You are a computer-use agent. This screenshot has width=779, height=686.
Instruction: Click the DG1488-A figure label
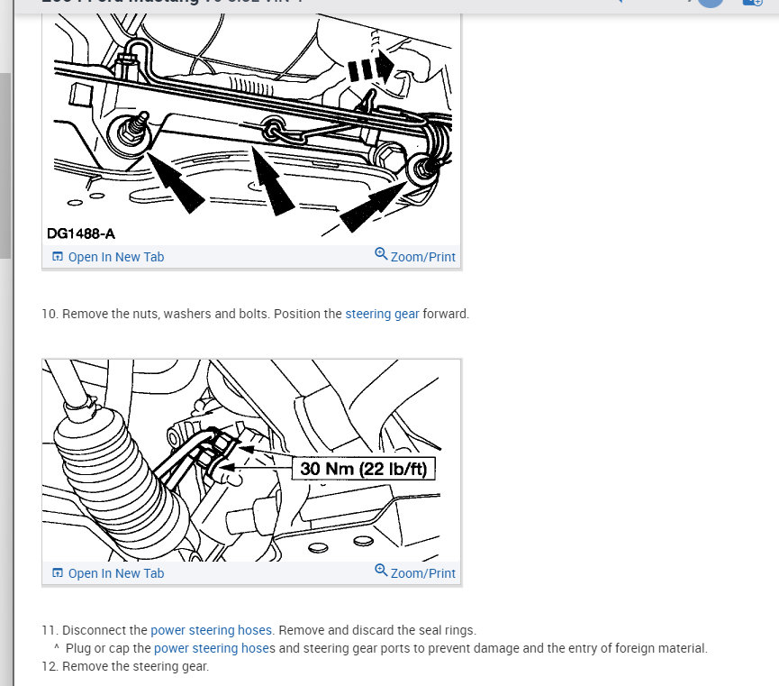81,233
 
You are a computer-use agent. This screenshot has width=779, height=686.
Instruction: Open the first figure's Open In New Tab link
108,257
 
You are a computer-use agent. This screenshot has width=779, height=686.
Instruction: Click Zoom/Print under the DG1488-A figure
415,257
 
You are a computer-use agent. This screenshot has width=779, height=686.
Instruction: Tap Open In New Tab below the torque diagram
108,573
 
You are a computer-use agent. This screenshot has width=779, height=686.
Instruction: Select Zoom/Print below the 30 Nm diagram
415,573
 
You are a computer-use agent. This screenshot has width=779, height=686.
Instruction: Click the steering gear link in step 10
382,315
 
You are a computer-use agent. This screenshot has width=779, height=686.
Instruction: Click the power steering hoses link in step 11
212,630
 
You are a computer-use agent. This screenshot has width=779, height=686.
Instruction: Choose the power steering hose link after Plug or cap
209,648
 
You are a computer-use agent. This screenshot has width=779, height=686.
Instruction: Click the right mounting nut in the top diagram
420,169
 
